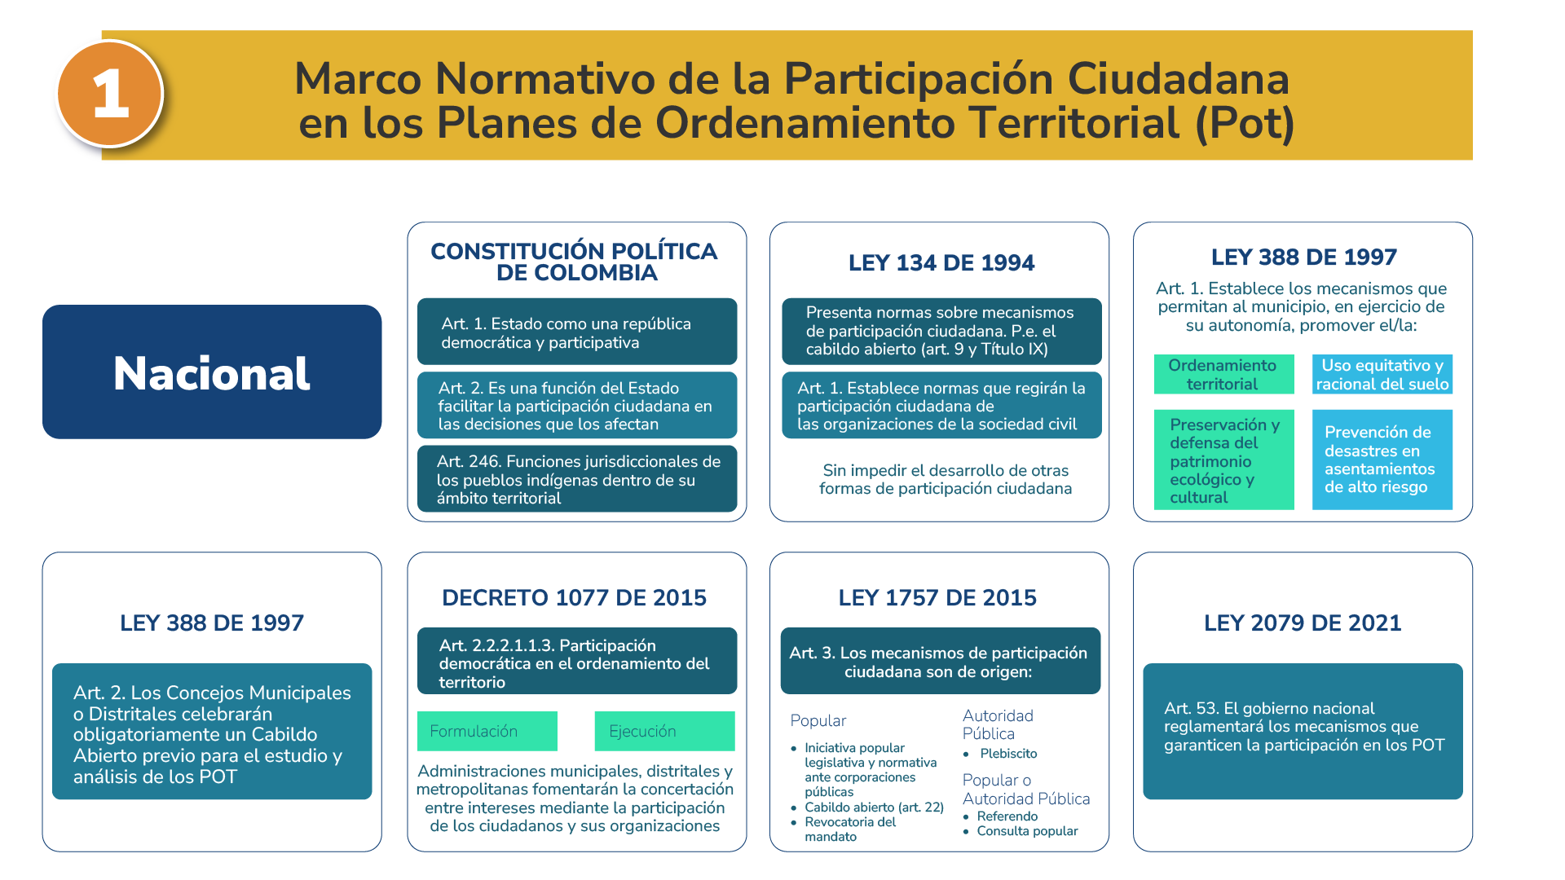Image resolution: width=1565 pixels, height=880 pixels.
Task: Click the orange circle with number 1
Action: pyautogui.click(x=110, y=94)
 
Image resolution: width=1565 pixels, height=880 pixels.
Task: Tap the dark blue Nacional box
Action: pyautogui.click(x=212, y=372)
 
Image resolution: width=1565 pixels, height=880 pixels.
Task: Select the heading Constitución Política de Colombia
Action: pyautogui.click(x=575, y=262)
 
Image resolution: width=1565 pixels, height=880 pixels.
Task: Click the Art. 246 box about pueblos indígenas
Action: pyautogui.click(x=577, y=479)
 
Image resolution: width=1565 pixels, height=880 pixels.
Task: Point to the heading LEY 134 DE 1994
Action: pyautogui.click(x=941, y=262)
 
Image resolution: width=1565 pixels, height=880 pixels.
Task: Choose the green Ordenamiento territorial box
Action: pyautogui.click(x=1223, y=375)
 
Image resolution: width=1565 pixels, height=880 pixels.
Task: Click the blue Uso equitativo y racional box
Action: pyautogui.click(x=1382, y=375)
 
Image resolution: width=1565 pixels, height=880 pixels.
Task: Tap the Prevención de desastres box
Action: pyautogui.click(x=1382, y=460)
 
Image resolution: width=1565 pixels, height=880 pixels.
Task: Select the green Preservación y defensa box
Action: pyautogui.click(x=1223, y=460)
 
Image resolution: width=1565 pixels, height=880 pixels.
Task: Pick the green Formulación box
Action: pyautogui.click(x=487, y=731)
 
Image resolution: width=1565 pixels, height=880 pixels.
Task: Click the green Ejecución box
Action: pyautogui.click(x=664, y=731)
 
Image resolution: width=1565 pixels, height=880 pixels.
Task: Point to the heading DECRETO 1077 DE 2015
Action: pyautogui.click(x=574, y=597)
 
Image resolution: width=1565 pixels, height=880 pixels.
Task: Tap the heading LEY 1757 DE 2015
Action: pyautogui.click(x=937, y=597)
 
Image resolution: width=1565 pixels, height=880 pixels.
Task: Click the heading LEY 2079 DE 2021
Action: pyautogui.click(x=1303, y=623)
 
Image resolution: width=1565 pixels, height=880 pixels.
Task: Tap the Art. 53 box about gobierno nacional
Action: pyautogui.click(x=1303, y=731)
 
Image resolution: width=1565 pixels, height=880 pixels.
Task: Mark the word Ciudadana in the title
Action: pyautogui.click(x=1178, y=78)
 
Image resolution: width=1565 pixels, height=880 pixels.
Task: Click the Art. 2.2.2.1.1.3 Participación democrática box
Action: pyautogui.click(x=577, y=661)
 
